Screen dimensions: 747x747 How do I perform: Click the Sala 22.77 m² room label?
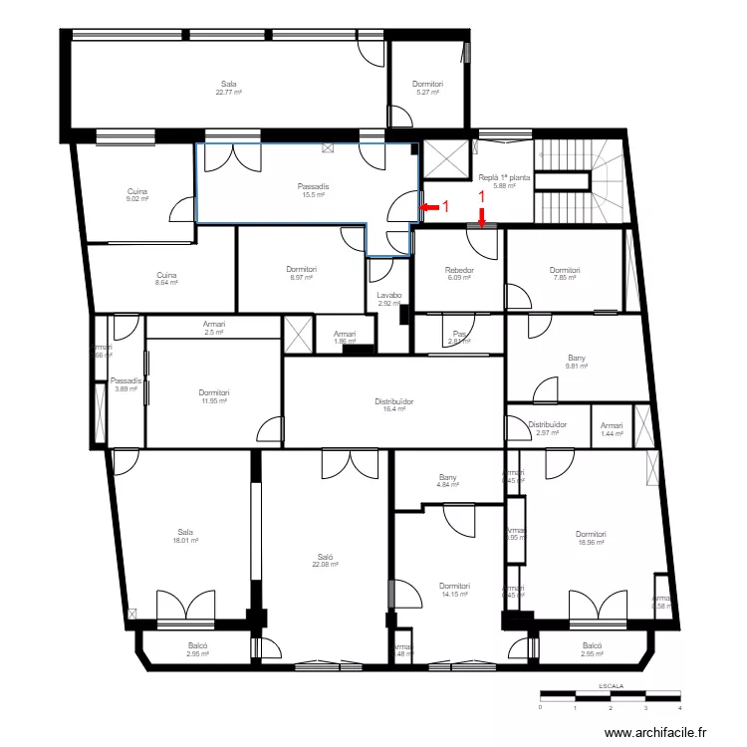[x=229, y=88]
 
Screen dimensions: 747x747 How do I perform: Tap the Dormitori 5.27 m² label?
[x=427, y=88]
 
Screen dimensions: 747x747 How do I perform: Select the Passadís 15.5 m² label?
[x=313, y=190]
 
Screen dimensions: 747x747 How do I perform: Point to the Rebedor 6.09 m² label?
[x=459, y=274]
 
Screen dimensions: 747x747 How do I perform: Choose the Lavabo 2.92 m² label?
[x=388, y=299]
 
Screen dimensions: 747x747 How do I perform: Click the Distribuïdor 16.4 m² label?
[x=394, y=404]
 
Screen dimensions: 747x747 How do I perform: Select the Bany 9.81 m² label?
[x=577, y=362]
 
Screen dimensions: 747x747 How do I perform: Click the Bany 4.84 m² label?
[x=447, y=481]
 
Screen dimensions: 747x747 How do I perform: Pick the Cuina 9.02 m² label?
[x=137, y=195]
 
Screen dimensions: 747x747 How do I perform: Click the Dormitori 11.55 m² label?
[x=214, y=396]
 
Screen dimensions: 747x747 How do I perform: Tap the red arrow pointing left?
[x=429, y=207]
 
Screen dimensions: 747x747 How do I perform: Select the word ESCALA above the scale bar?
[x=611, y=686]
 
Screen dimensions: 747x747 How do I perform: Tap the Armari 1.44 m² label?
[x=612, y=429]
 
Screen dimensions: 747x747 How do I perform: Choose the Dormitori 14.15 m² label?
[x=454, y=590]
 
